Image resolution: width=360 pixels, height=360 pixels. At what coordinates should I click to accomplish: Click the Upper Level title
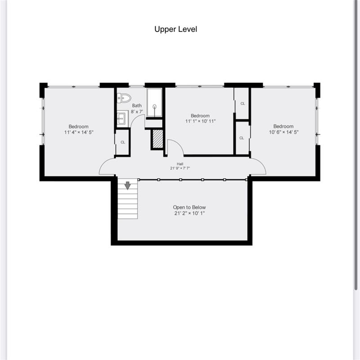point(175,29)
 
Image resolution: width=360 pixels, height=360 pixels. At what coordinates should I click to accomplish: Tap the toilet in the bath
point(124,98)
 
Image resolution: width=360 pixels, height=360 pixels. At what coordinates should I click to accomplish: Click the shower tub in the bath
point(154,102)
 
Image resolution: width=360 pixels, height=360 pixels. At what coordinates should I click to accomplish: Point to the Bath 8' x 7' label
point(137,108)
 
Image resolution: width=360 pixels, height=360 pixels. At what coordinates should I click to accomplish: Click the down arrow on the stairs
point(128,185)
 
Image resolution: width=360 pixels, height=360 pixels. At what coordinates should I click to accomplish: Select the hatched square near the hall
point(157,139)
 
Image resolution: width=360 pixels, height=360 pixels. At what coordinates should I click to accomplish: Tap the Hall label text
point(180,164)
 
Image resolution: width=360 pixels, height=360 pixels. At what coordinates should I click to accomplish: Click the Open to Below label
point(189,207)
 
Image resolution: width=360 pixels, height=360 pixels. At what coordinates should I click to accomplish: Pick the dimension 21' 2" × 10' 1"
point(189,214)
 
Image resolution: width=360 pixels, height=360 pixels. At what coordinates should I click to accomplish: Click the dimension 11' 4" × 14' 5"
point(79,132)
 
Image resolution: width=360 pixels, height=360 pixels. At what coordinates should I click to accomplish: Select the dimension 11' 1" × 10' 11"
point(200,121)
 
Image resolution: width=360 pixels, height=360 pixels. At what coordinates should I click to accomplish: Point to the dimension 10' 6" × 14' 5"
point(283,132)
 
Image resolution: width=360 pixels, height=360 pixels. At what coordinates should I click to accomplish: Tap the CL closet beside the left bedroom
point(122,143)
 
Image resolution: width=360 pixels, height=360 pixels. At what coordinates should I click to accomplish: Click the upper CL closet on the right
point(243,103)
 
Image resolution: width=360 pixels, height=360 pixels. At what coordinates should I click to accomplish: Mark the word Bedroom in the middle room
point(200,116)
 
